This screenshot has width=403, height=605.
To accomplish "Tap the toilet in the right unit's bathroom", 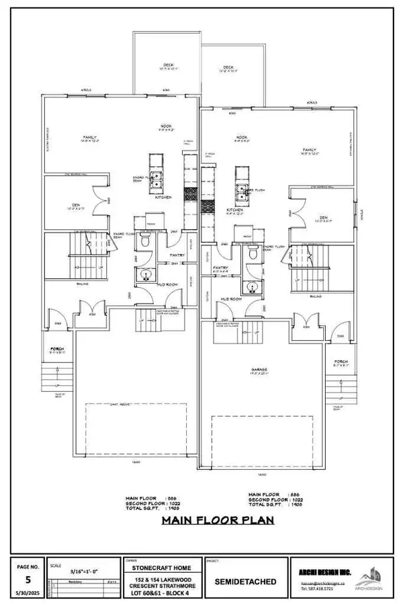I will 252,255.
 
